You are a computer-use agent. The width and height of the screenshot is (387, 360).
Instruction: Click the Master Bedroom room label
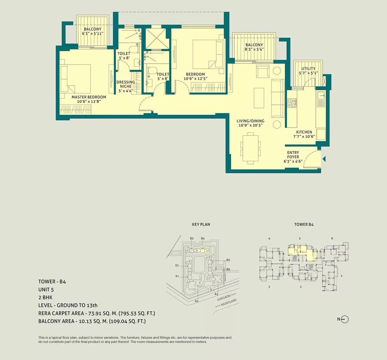click(89, 97)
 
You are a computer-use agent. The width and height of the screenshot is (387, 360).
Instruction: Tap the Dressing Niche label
click(126, 84)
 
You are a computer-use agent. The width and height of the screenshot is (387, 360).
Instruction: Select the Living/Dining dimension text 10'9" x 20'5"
click(250, 125)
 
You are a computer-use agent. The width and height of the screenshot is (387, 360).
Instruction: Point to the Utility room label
click(308, 69)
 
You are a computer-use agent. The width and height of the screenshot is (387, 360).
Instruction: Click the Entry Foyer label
click(293, 155)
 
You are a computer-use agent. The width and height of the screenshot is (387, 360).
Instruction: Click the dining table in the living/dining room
click(250, 148)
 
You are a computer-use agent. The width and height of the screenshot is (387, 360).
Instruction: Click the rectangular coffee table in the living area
click(259, 98)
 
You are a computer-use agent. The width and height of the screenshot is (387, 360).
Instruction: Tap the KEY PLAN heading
click(201, 224)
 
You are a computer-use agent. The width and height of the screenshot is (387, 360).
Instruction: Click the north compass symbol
click(344, 319)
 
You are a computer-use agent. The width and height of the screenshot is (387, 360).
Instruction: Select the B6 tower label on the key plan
click(228, 269)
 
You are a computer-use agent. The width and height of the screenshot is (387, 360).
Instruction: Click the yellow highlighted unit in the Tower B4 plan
click(302, 251)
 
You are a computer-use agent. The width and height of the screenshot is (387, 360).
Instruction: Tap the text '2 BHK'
click(45, 297)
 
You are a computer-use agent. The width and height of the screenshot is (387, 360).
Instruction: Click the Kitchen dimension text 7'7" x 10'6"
click(304, 136)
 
